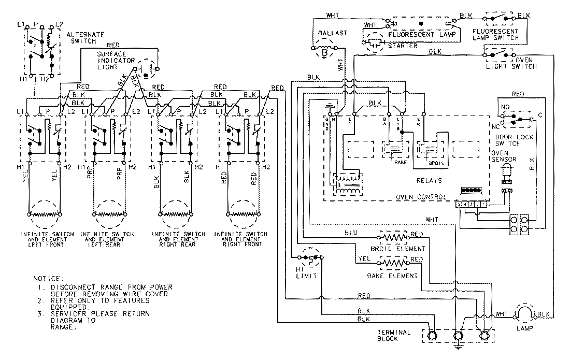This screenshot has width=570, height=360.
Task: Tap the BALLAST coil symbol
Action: pyautogui.click(x=324, y=51)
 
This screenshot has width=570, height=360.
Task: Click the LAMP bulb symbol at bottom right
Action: pyautogui.click(x=523, y=314)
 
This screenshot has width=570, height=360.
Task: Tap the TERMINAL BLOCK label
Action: pyautogui.click(x=395, y=335)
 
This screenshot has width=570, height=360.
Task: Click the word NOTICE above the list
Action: pyautogui.click(x=48, y=278)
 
